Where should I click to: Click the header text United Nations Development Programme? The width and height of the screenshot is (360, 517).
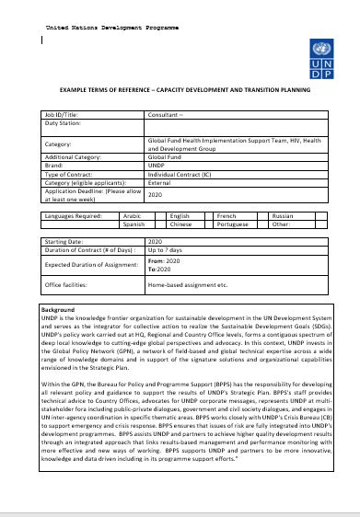point(111,29)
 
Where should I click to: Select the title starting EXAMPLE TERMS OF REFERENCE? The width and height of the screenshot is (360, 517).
point(185,90)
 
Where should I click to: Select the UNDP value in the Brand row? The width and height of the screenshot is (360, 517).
point(157,166)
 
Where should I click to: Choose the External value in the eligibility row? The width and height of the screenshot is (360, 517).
point(161,181)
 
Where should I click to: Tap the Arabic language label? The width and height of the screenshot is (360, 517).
point(134,215)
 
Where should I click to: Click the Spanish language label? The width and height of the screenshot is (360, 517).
point(134,223)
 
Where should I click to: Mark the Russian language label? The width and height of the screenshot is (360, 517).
point(283,215)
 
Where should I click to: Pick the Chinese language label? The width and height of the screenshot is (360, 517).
point(180,223)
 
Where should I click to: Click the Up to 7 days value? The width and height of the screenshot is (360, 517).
point(167,249)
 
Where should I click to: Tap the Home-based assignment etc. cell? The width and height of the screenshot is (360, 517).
point(187,285)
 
